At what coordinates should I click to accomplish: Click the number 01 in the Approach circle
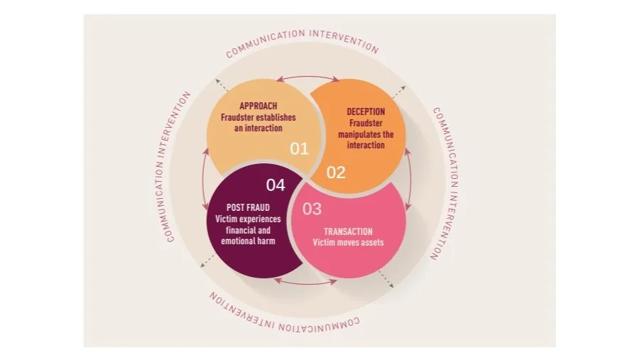click(x=299, y=148)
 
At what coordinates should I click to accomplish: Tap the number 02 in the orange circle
click(x=336, y=173)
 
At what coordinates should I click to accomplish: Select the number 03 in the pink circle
click(x=312, y=209)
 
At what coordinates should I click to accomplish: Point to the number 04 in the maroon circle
click(x=276, y=185)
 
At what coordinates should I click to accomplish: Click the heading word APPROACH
click(x=259, y=106)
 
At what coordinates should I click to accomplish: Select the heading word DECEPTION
click(x=366, y=112)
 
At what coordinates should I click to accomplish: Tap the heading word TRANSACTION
click(x=348, y=232)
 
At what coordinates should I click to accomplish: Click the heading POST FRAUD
click(x=248, y=207)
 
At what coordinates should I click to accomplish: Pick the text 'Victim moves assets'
click(x=348, y=242)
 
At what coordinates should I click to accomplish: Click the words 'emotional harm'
click(x=248, y=241)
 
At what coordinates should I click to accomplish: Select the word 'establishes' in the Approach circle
click(x=276, y=118)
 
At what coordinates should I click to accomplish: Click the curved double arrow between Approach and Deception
click(x=308, y=76)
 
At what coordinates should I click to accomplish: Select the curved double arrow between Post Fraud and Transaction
click(x=305, y=283)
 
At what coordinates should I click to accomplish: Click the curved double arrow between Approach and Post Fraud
click(x=202, y=180)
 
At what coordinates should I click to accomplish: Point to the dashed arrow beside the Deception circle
click(x=398, y=92)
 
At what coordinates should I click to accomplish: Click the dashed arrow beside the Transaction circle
click(x=386, y=280)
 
